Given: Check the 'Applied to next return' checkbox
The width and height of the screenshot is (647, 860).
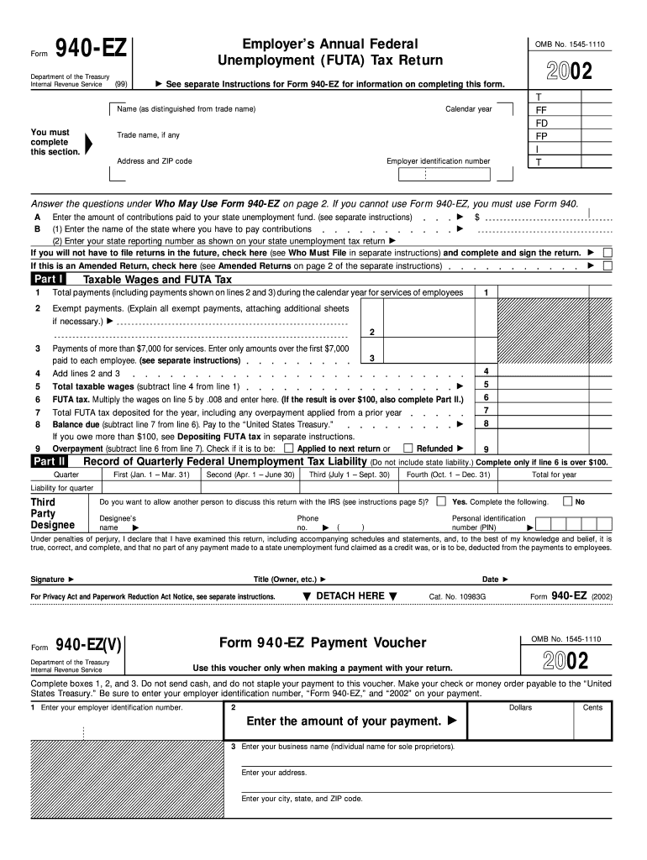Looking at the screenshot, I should click(x=289, y=448).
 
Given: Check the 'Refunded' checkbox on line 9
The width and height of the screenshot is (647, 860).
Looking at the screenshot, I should click(x=408, y=448).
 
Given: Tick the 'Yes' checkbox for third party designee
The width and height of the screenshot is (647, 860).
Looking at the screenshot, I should click(x=441, y=501).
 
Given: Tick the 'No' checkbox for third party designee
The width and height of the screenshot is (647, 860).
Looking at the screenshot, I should click(x=567, y=501).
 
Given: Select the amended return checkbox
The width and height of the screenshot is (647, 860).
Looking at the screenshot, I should click(x=608, y=265).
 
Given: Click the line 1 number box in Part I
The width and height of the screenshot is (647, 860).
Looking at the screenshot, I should click(x=487, y=292).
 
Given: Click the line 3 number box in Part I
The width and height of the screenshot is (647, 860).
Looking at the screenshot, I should click(x=371, y=359).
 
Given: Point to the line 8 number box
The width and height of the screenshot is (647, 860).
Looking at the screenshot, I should click(x=487, y=423).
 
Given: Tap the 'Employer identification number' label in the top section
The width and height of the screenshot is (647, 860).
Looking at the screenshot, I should click(x=438, y=161).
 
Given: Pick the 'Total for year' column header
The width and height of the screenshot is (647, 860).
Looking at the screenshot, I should click(x=554, y=475).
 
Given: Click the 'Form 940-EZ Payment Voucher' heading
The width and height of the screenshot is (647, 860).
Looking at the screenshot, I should click(x=323, y=643).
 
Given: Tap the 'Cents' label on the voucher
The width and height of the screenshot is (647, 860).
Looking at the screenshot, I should click(x=592, y=708).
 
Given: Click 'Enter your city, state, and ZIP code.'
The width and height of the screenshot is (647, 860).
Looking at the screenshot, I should click(x=302, y=799).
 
